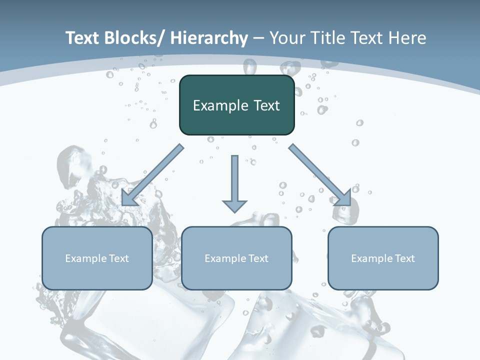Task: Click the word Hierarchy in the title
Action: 208,38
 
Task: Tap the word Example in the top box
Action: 219,105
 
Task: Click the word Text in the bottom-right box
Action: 404,258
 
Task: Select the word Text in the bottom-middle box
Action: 257,258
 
